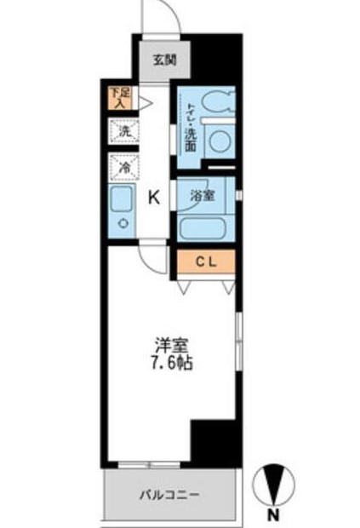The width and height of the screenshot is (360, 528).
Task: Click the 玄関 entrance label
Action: click(164, 60)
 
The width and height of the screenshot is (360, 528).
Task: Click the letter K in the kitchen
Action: click(154, 198)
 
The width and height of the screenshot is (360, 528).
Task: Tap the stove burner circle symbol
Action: click(123, 225)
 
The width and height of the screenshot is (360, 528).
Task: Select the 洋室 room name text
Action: click(169, 345)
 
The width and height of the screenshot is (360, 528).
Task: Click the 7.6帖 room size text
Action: click(169, 362)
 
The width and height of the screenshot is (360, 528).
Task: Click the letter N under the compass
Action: click(273, 515)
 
